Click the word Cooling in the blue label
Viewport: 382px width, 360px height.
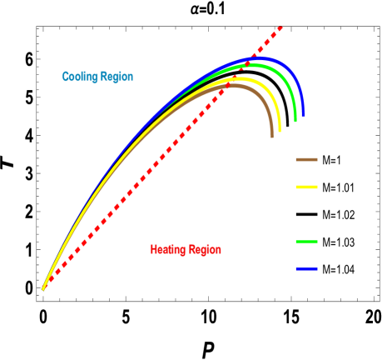pyautogui.click(x=79, y=77)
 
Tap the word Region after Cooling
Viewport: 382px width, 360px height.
pyautogui.click(x=117, y=77)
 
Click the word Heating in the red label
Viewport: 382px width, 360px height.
pyautogui.click(x=168, y=250)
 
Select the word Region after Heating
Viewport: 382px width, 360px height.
pyautogui.click(x=205, y=250)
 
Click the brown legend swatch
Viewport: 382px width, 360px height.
pyautogui.click(x=306, y=159)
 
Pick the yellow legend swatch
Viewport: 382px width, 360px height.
pyautogui.click(x=306, y=187)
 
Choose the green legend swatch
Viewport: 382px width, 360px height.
pyautogui.click(x=306, y=242)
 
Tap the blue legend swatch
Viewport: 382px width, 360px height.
pyautogui.click(x=306, y=269)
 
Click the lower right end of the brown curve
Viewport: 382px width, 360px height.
pyautogui.click(x=271, y=136)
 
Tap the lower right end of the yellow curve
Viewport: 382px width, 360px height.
pyautogui.click(x=280, y=131)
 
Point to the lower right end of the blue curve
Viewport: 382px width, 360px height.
pyautogui.click(x=303, y=116)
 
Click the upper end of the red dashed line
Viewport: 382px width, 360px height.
pyautogui.click(x=281, y=28)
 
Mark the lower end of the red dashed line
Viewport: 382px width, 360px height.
pyautogui.click(x=44, y=288)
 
